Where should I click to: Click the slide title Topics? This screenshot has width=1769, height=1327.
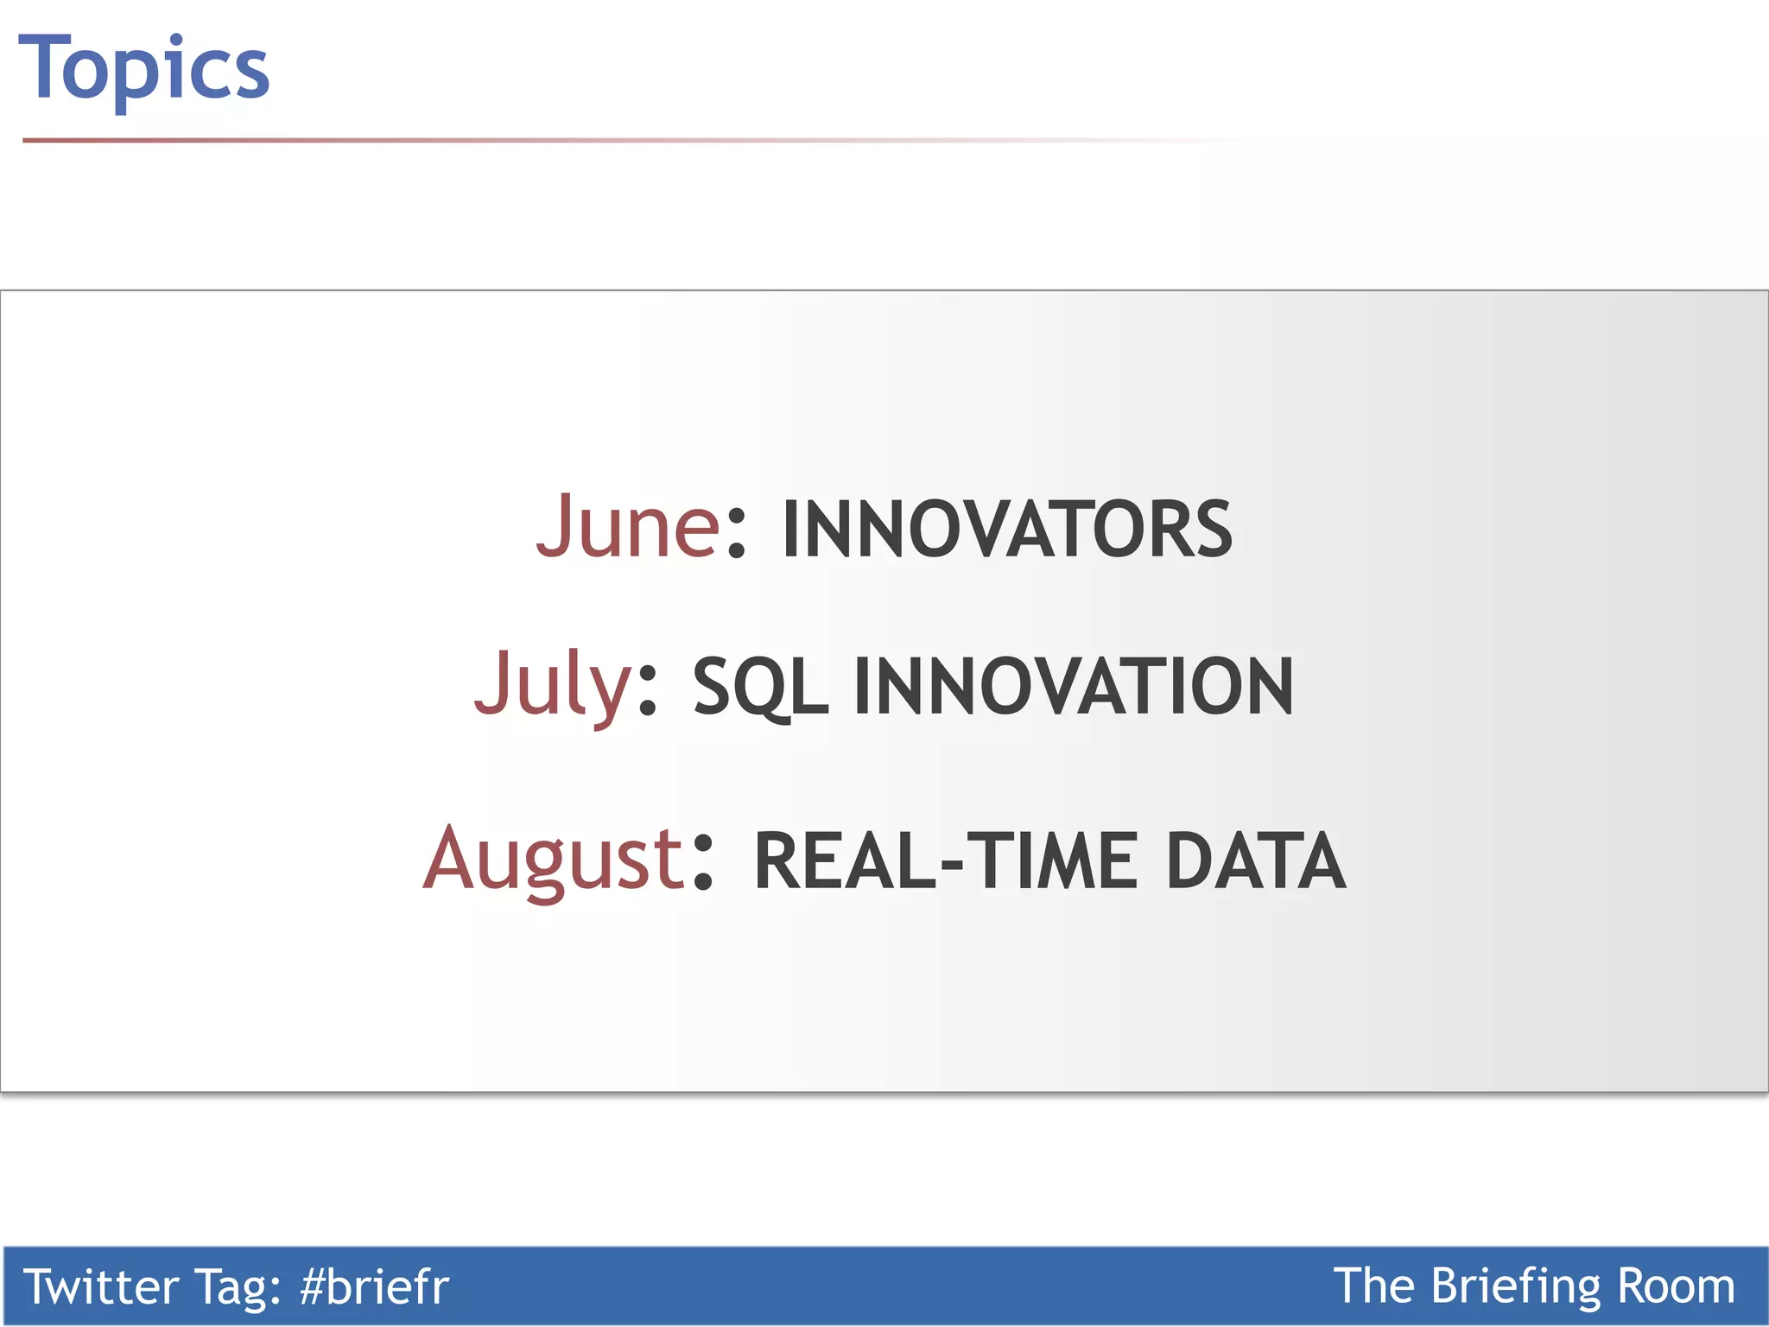[143, 69]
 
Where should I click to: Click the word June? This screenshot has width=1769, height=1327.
[628, 526]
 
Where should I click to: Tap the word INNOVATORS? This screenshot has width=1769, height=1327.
[1006, 529]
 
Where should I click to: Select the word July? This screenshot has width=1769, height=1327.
[554, 684]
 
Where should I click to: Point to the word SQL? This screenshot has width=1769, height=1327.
[760, 688]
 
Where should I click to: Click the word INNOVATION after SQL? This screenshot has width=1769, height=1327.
[1074, 687]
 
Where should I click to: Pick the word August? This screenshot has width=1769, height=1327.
[554, 860]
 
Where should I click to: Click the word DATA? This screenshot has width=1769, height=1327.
[1255, 861]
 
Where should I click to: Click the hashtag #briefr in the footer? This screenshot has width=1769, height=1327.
[374, 1286]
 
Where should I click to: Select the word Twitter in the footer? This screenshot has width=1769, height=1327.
[100, 1286]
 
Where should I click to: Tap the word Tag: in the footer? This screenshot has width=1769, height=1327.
[239, 1286]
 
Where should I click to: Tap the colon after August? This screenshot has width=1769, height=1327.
[703, 863]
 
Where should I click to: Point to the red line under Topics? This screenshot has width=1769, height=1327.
[432, 140]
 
